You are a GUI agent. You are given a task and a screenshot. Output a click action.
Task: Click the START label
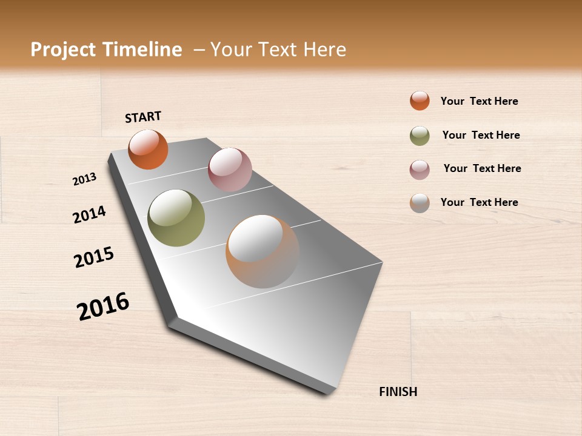click(x=143, y=117)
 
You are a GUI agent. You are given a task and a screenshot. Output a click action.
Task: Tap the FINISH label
click(x=398, y=392)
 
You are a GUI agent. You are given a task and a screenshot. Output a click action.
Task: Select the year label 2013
click(x=84, y=179)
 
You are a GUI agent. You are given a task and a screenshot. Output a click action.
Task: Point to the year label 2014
click(x=89, y=214)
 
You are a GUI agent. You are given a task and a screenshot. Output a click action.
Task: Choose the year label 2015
click(x=94, y=257)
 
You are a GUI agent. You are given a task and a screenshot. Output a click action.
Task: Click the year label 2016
click(x=103, y=306)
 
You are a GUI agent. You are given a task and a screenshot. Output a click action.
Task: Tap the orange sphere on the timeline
click(x=148, y=149)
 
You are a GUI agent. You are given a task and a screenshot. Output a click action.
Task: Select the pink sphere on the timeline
click(x=230, y=170)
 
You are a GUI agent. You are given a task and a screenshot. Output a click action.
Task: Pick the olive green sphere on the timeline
click(x=176, y=218)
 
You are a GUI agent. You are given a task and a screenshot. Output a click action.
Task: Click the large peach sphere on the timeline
click(x=263, y=251)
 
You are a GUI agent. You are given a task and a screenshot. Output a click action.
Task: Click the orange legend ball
click(x=420, y=101)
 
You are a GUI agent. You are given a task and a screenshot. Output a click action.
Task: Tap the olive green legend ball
click(x=420, y=136)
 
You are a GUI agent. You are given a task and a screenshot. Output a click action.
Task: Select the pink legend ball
click(x=420, y=170)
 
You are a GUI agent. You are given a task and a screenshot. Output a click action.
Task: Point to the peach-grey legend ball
click(x=420, y=203)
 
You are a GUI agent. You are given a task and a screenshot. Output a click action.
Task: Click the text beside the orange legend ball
click(x=479, y=101)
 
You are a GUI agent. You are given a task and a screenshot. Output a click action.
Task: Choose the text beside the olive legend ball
click(x=481, y=135)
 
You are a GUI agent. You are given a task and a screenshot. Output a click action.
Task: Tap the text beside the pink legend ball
click(x=482, y=168)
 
